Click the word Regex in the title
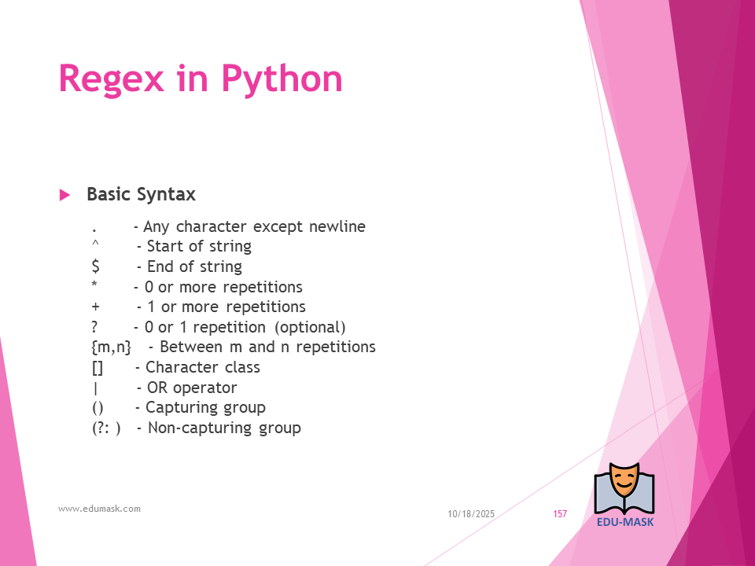click(x=111, y=79)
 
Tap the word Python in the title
click(x=282, y=79)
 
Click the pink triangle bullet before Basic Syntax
click(x=64, y=195)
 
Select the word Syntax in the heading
click(x=166, y=195)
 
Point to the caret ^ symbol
click(x=95, y=244)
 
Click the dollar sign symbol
click(x=95, y=266)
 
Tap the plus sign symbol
click(x=95, y=307)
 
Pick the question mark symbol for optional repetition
click(x=95, y=327)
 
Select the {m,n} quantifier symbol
click(x=111, y=347)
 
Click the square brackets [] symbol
click(x=98, y=367)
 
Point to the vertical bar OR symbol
click(x=95, y=388)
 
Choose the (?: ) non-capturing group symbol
click(x=106, y=428)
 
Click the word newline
click(x=337, y=226)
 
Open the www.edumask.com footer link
click(x=99, y=509)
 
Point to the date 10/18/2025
click(x=471, y=514)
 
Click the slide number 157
click(x=560, y=514)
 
